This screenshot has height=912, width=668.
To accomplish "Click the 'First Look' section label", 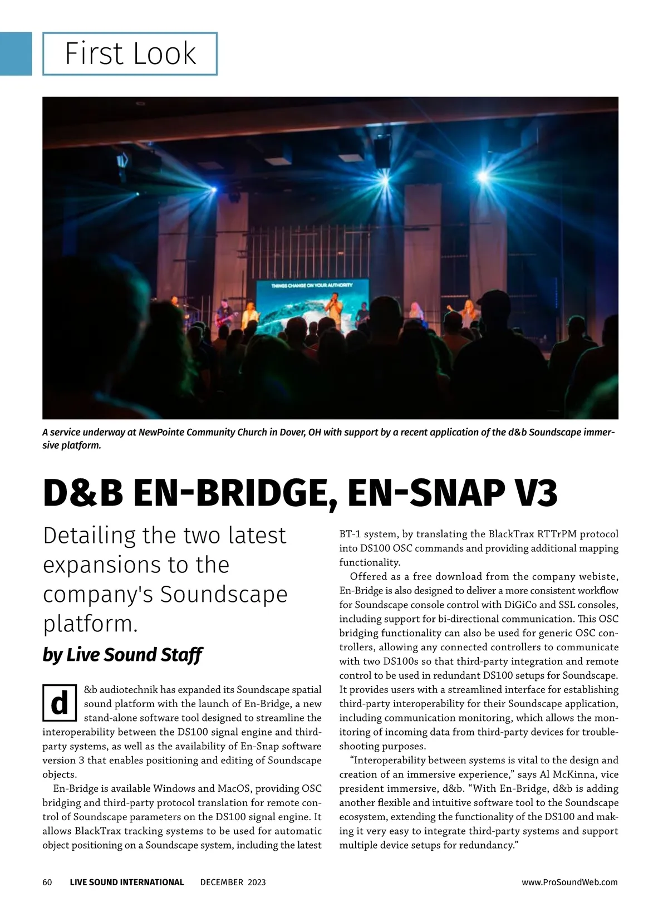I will point(130,54).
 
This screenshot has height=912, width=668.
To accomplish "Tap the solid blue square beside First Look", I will point(16,53).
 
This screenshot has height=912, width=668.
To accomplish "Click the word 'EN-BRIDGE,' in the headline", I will point(235,493).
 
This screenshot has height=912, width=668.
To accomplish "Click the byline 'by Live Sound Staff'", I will point(122,655).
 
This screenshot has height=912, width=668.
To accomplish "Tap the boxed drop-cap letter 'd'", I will point(59,703).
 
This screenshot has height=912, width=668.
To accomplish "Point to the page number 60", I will point(47,882).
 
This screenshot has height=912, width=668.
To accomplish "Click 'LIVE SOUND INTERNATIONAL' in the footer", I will point(127,882).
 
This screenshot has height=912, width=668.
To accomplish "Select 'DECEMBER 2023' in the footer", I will point(233,882).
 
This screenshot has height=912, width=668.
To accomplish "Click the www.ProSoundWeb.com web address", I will point(569,882).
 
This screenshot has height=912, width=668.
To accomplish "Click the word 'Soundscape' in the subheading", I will point(224,594).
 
